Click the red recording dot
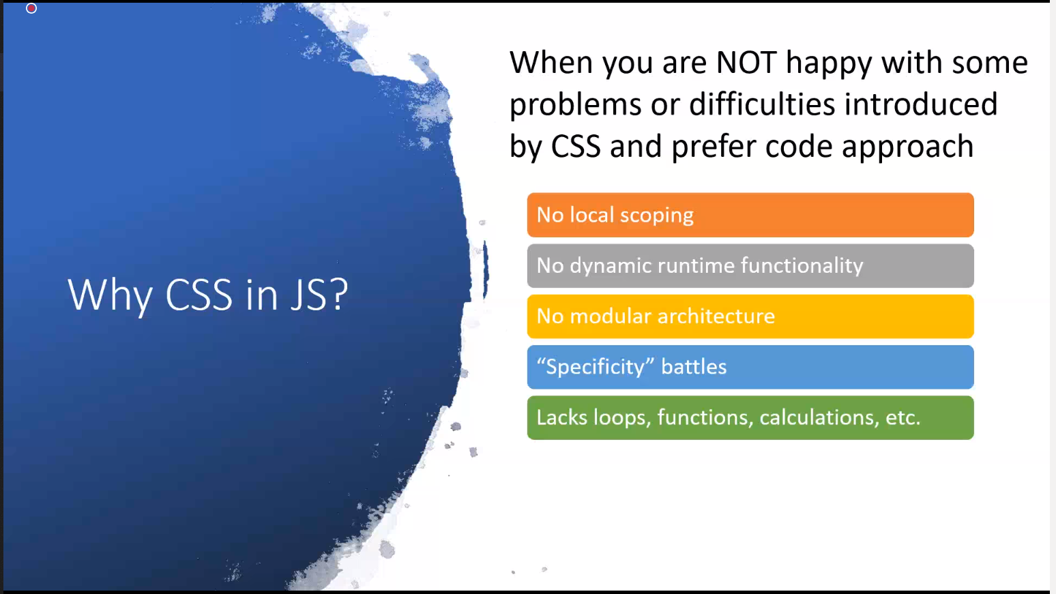pyautogui.click(x=31, y=8)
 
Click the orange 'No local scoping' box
pyautogui.click(x=750, y=215)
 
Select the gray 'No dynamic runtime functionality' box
pyautogui.click(x=750, y=266)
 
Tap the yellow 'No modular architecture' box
pyautogui.click(x=750, y=316)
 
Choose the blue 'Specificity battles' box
pyautogui.click(x=750, y=367)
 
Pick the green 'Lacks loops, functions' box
pyautogui.click(x=750, y=417)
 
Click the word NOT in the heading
pyautogui.click(x=746, y=63)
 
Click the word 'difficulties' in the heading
pyautogui.click(x=762, y=104)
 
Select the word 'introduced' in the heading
pyautogui.click(x=921, y=104)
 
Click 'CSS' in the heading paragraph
pyautogui.click(x=576, y=147)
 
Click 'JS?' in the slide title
pyautogui.click(x=319, y=295)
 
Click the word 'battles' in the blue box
pyautogui.click(x=694, y=367)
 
